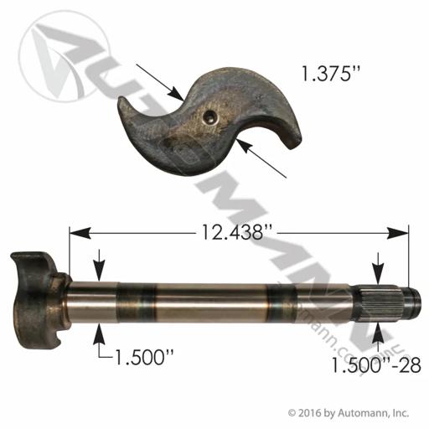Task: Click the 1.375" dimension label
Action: point(329,74)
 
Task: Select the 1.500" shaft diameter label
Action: point(144,358)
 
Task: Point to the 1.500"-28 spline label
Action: point(376,365)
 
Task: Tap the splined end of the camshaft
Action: point(386,303)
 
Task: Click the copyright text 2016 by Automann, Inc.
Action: point(349,413)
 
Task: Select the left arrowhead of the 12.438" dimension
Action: point(80,233)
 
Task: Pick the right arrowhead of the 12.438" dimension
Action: point(398,233)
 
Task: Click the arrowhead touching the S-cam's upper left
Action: point(176,93)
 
